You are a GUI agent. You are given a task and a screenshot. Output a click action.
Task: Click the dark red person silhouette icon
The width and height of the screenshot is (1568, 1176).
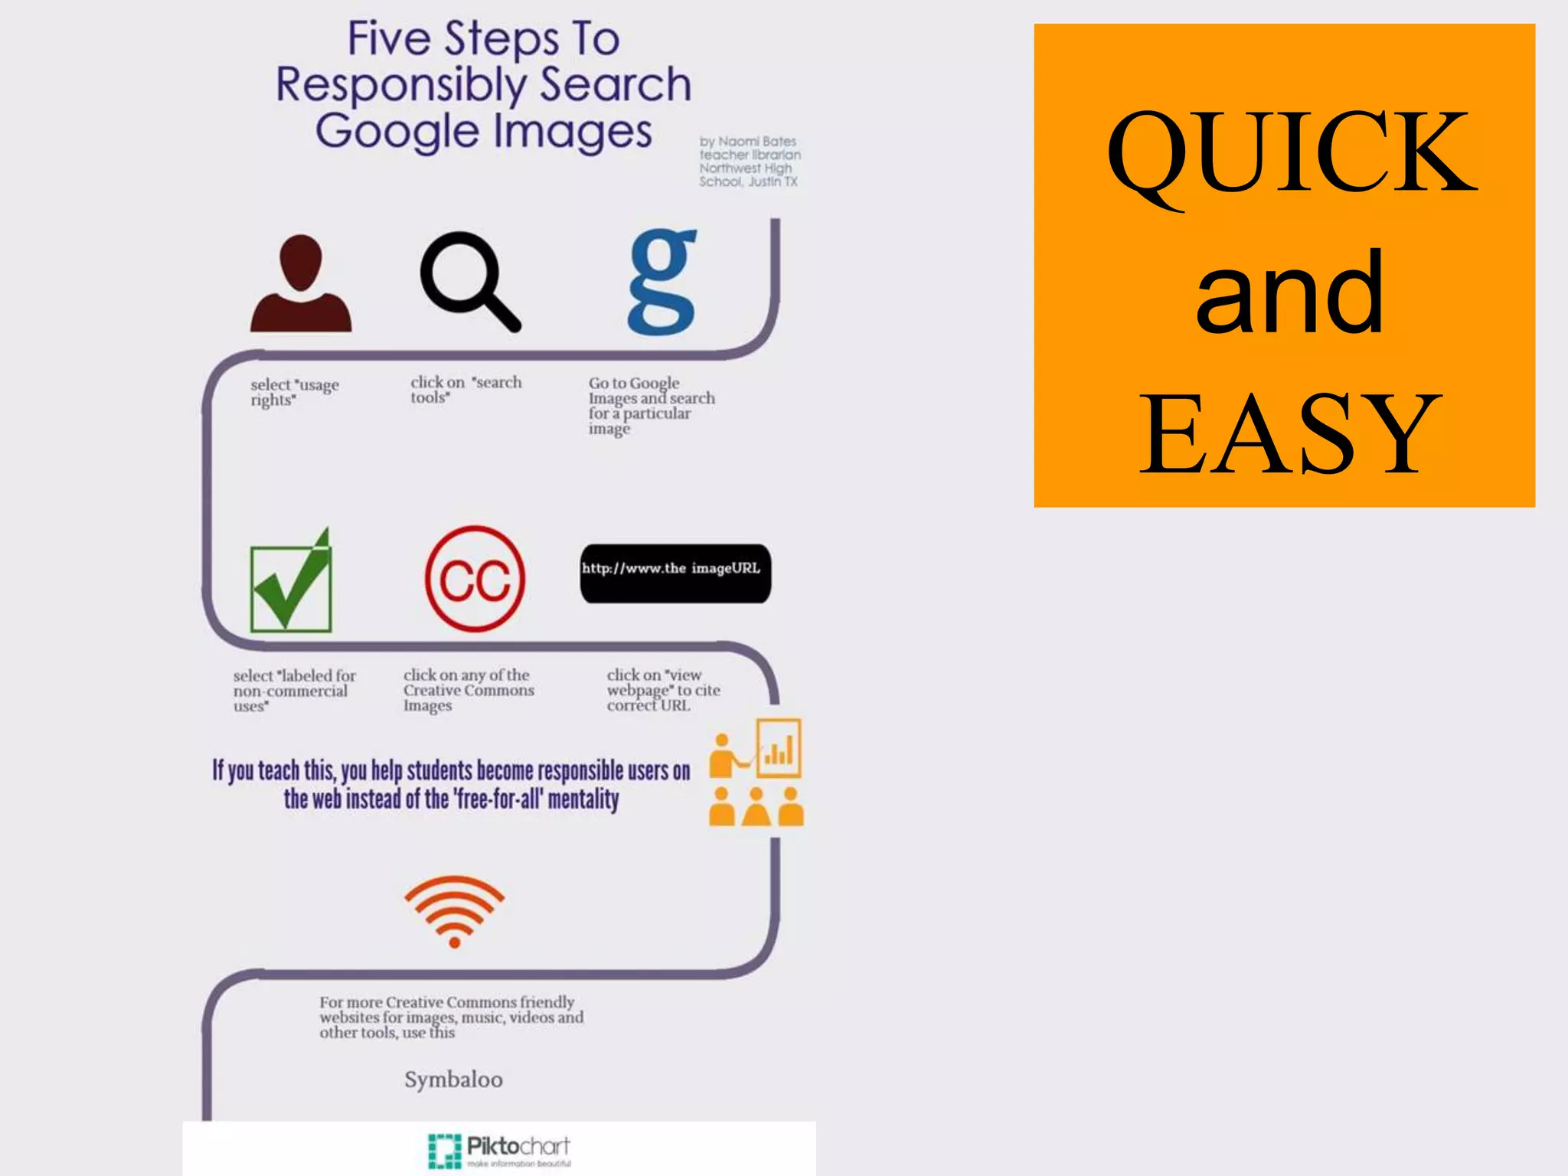click(x=301, y=284)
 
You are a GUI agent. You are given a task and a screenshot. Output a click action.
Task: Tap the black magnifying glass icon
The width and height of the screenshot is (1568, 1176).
click(x=469, y=281)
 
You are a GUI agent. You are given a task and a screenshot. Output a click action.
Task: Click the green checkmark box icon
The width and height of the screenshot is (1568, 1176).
click(x=291, y=583)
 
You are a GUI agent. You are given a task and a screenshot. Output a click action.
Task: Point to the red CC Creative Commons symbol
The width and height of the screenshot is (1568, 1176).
click(x=475, y=579)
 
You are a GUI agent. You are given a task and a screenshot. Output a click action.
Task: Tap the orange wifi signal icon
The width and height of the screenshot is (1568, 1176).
click(x=454, y=910)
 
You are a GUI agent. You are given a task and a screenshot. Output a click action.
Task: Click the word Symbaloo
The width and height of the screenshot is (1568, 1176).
click(x=453, y=1080)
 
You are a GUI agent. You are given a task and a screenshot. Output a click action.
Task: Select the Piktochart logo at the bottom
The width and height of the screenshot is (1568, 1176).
click(x=499, y=1150)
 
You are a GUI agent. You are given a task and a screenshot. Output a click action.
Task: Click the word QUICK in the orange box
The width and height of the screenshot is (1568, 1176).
click(x=1292, y=153)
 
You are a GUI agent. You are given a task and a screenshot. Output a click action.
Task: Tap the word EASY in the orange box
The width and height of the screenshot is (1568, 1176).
click(x=1290, y=433)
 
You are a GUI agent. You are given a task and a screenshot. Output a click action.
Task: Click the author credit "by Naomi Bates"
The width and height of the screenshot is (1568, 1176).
click(x=748, y=142)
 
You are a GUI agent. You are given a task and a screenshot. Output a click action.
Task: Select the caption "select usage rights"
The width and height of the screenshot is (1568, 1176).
click(x=295, y=392)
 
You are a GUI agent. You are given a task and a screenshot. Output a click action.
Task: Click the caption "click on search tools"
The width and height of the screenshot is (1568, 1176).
click(x=465, y=389)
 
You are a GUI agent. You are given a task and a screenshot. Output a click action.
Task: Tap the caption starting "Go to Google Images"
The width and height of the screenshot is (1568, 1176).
click(x=651, y=405)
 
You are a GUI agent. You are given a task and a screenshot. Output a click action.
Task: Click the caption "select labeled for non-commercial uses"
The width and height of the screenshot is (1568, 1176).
click(x=294, y=691)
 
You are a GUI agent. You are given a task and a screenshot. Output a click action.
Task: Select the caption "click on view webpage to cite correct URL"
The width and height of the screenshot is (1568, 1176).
click(x=663, y=690)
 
